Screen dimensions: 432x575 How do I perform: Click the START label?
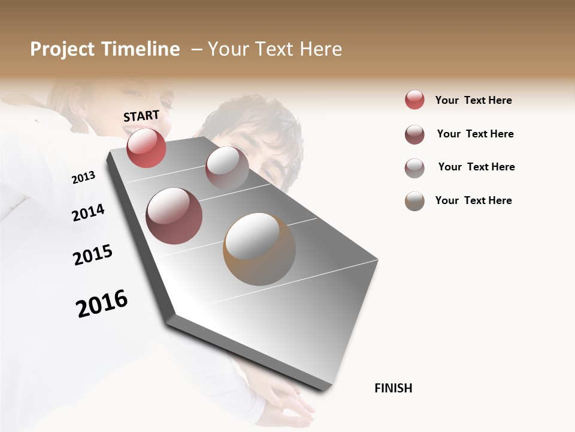tap(141, 116)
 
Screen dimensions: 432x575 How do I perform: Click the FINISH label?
tap(393, 388)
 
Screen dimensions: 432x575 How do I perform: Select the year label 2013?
tap(83, 178)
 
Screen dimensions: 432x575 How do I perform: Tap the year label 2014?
tap(88, 212)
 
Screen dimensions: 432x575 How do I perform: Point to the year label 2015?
tap(93, 255)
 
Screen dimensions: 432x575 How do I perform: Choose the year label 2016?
tap(102, 304)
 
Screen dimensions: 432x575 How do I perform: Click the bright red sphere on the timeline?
tap(146, 148)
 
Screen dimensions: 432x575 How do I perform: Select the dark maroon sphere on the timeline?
tap(174, 215)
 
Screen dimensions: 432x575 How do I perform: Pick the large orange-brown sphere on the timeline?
tap(259, 249)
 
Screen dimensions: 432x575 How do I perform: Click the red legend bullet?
tap(414, 100)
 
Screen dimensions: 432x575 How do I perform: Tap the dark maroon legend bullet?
tap(414, 134)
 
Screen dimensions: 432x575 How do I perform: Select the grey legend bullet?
tap(414, 167)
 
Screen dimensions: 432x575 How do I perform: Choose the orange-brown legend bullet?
tap(414, 201)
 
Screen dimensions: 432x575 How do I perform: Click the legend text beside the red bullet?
tap(473, 100)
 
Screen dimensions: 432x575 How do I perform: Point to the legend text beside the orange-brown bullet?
tap(473, 200)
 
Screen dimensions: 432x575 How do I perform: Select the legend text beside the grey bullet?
tap(476, 167)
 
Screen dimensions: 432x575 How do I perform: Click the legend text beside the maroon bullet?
tap(475, 134)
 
